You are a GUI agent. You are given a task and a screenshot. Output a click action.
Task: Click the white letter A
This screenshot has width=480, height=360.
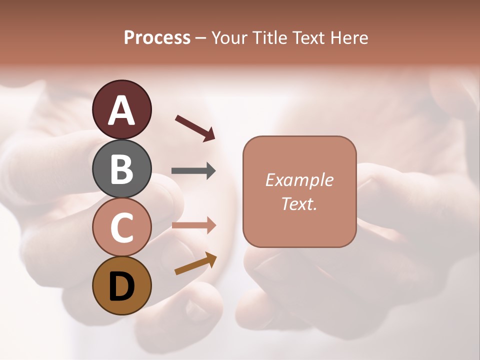pos(122,110)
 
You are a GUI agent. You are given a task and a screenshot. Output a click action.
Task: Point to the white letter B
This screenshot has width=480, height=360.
pos(122,168)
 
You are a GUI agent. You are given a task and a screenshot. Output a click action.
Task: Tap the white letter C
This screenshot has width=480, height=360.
pos(122,227)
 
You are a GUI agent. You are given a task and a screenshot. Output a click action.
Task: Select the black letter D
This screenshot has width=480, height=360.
pos(122,286)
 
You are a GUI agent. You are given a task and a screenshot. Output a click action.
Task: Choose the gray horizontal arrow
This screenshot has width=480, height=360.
pos(192,171)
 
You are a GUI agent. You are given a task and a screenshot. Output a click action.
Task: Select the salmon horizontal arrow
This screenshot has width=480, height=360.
pos(192,225)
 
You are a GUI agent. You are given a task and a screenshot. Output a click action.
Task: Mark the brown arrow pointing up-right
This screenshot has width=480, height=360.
pos(195,263)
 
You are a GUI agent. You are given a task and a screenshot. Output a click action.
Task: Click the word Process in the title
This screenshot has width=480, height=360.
pos(157,37)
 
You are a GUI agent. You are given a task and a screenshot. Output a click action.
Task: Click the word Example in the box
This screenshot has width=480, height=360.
pos(299,180)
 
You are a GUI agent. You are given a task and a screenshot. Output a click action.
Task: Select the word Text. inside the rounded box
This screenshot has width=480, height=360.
pos(299,203)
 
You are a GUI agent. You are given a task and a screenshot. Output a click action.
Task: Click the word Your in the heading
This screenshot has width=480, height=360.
pos(230,37)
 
